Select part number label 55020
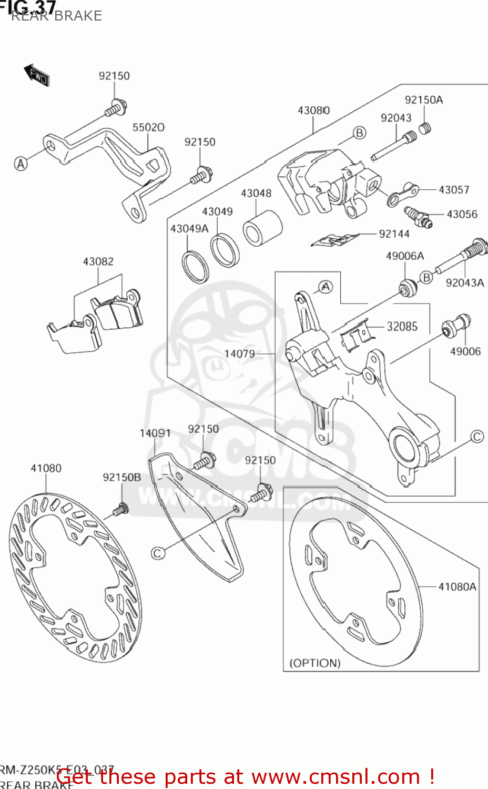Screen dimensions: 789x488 tap(148, 127)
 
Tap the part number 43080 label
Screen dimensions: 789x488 tap(313, 110)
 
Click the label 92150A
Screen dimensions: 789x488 tap(423, 100)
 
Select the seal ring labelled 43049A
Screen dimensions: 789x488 tap(195, 267)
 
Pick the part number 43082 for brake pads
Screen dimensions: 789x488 tap(98, 261)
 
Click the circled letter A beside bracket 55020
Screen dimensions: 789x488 tap(21, 164)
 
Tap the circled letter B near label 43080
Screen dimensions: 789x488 tap(359, 133)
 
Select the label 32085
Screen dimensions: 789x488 tap(402, 327)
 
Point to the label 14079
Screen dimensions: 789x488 tap(240, 353)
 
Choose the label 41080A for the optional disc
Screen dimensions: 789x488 tap(457, 586)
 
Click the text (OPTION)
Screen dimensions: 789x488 tap(315, 663)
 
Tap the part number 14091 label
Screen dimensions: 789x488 tap(155, 433)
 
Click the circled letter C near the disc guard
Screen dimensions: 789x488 tap(158, 553)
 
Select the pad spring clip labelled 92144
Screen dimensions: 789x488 tap(333, 240)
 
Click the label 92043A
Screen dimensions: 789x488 tap(464, 283)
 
